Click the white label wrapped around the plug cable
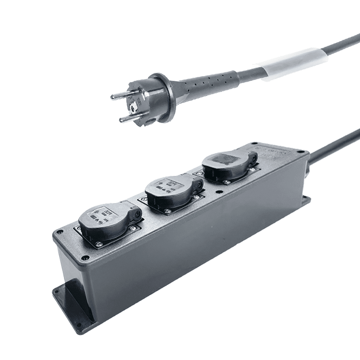point(294,64)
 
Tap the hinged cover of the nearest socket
point(106,218)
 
